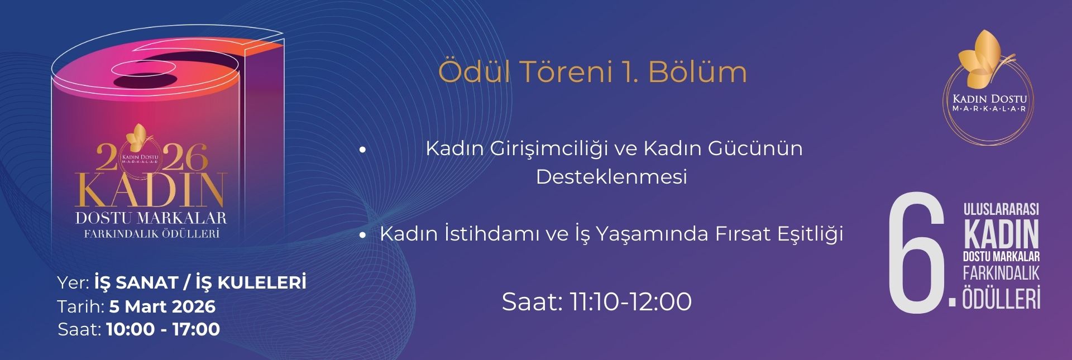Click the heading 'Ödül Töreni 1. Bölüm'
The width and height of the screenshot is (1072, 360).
pyautogui.click(x=592, y=73)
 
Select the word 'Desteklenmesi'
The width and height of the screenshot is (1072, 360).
pyautogui.click(x=611, y=177)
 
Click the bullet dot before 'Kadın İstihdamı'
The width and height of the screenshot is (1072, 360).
pyautogui.click(x=362, y=235)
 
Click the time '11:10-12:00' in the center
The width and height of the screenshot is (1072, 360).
pyautogui.click(x=630, y=302)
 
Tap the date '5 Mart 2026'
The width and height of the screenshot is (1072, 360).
pyautogui.click(x=162, y=306)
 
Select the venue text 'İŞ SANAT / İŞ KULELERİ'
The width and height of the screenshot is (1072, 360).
pyautogui.click(x=200, y=282)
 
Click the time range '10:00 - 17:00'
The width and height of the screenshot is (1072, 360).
pyautogui.click(x=163, y=329)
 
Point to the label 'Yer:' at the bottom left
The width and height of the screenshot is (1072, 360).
pyautogui.click(x=74, y=283)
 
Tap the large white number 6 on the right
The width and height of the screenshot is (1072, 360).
pyautogui.click(x=916, y=254)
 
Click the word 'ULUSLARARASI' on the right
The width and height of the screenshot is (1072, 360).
pyautogui.click(x=1001, y=209)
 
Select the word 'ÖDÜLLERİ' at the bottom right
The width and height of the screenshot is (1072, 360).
pyautogui.click(x=1001, y=298)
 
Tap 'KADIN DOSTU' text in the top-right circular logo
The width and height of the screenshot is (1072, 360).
pyautogui.click(x=989, y=99)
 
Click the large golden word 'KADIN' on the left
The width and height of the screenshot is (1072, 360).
pyautogui.click(x=151, y=190)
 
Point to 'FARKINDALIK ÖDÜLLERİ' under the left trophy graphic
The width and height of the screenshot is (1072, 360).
pyautogui.click(x=151, y=234)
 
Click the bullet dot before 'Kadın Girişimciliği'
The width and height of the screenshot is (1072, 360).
pyautogui.click(x=362, y=150)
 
